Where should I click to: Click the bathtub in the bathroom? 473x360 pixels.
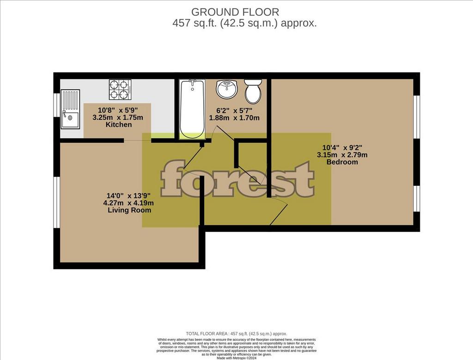pos(192,109)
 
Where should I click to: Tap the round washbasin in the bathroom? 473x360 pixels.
pos(227,89)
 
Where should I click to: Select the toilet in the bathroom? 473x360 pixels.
pos(253,91)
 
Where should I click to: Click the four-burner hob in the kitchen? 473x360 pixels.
pos(120,89)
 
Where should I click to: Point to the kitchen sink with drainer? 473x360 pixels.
pos(70,109)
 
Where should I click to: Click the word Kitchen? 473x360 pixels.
pos(119,125)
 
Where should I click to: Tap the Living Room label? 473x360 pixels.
pos(129,210)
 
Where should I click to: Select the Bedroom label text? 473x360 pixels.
pos(342,162)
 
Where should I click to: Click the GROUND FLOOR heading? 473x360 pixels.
pos(235,12)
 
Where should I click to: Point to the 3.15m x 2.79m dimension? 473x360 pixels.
pos(342,155)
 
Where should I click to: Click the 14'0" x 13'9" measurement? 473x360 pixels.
pos(128,196)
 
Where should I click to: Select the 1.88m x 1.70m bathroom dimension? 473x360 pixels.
pos(234,118)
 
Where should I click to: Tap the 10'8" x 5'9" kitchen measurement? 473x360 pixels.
pos(118,110)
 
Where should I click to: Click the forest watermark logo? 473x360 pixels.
pos(237,179)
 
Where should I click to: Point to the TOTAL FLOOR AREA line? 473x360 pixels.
pos(236,334)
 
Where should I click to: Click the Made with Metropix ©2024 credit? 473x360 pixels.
pos(236,358)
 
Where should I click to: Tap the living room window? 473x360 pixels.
pos(56,202)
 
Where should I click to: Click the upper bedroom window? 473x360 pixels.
pos(417,117)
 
